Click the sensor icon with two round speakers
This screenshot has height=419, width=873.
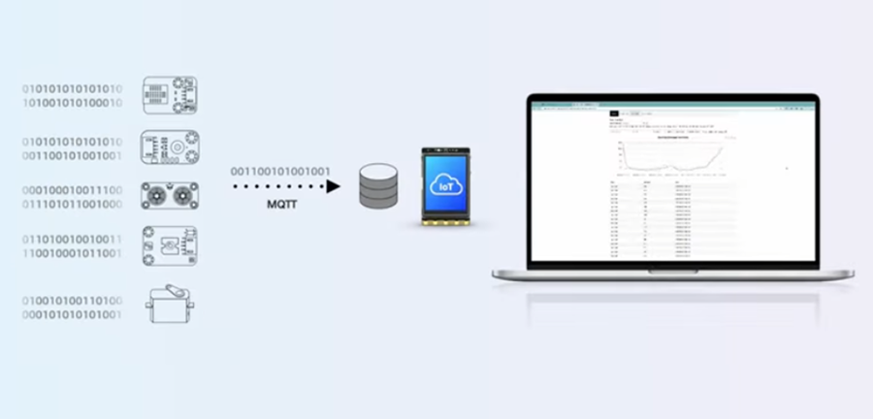170,197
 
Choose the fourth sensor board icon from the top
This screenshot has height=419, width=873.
170,246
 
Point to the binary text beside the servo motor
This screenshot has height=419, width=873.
73,307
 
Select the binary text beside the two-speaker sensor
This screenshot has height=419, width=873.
73,197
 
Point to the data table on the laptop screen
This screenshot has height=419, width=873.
669,218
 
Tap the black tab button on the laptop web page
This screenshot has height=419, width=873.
614,115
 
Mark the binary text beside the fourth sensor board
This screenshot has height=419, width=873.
73,246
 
